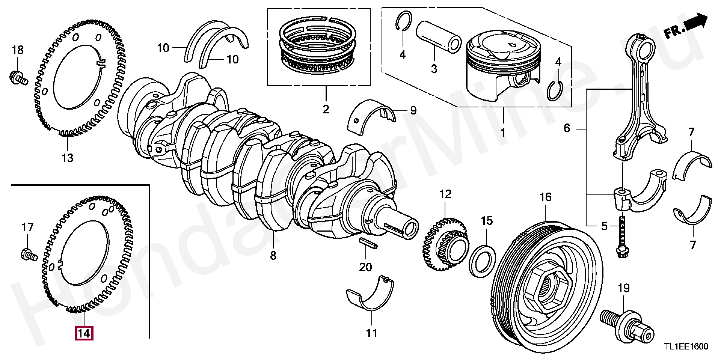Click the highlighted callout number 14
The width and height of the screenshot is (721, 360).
point(84,333)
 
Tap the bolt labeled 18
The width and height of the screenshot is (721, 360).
point(17,77)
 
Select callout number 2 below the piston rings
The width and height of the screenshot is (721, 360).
point(326,109)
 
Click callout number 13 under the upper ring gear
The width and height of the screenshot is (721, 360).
point(68,158)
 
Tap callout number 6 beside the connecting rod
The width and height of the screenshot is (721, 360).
point(567,128)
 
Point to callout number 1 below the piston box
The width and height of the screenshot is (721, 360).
point(503,133)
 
